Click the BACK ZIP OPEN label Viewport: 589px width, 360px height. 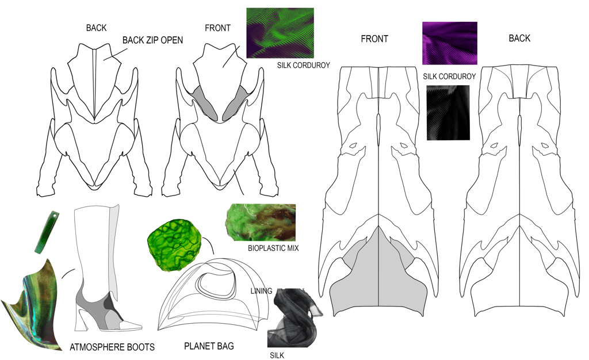[x=153, y=40]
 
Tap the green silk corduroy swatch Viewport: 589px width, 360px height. [x=280, y=33]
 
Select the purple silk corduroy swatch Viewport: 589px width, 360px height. [x=449, y=43]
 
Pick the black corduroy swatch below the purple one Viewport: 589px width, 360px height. [x=448, y=113]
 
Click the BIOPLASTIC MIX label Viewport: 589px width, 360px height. [x=274, y=248]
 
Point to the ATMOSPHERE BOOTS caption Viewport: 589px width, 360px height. [x=112, y=347]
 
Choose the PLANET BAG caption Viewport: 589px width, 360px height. [x=209, y=346]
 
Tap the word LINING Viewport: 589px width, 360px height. [x=261, y=291]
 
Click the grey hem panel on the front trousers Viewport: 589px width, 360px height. [x=378, y=276]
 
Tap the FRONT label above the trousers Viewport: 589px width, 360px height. [x=374, y=39]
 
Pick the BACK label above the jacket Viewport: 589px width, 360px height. [x=96, y=28]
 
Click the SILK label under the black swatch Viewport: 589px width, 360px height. [x=277, y=355]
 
